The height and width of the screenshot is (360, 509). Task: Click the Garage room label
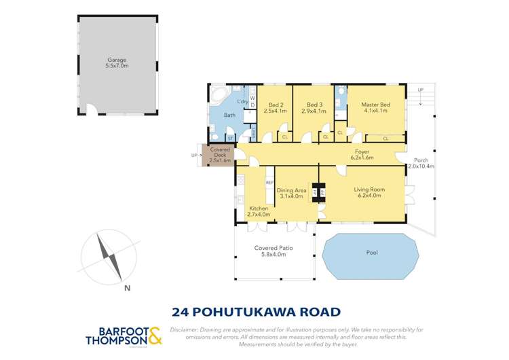(x=118, y=59)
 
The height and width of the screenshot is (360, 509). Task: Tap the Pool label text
(x=371, y=253)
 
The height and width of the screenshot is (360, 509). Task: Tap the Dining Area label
(x=291, y=190)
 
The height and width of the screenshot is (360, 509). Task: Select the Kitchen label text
(x=259, y=208)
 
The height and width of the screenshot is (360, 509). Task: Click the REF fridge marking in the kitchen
(x=269, y=183)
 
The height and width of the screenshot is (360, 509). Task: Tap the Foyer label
(x=362, y=151)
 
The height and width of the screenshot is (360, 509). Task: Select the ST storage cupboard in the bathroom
(x=230, y=139)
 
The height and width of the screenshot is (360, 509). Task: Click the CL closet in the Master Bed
(x=385, y=139)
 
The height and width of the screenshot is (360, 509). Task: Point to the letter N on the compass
(x=128, y=288)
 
